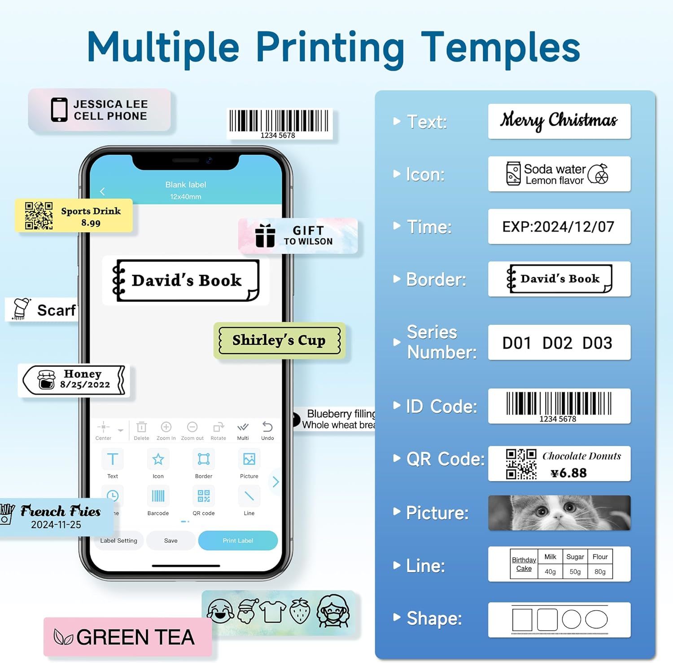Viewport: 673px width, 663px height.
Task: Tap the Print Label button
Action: click(x=238, y=540)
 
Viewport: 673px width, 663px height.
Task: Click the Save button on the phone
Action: click(x=170, y=540)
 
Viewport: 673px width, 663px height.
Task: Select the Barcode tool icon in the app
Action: click(x=158, y=496)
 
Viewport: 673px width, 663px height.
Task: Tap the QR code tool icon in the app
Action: click(x=204, y=496)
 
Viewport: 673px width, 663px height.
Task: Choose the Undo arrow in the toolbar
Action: click(x=267, y=427)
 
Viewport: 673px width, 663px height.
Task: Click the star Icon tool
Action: click(x=158, y=459)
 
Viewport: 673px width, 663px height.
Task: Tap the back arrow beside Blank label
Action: click(x=102, y=191)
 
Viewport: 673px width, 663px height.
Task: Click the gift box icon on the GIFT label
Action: click(x=265, y=235)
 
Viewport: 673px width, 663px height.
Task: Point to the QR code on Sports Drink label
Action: click(x=39, y=216)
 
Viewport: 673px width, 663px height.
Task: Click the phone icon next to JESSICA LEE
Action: click(x=59, y=110)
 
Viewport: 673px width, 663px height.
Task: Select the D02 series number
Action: click(x=557, y=343)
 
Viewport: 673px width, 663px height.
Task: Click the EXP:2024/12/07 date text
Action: click(x=558, y=227)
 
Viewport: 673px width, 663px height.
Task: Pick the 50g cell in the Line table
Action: click(x=575, y=571)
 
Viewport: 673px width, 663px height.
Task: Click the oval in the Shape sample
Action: click(x=596, y=619)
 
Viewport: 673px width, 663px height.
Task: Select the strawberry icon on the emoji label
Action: click(x=299, y=611)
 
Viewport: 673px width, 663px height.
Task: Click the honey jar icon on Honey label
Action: click(x=46, y=380)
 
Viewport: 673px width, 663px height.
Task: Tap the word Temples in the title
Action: click(x=501, y=48)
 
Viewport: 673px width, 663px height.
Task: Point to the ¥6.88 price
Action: click(x=568, y=473)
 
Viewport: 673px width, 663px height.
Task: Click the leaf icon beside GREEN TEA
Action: click(x=63, y=637)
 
